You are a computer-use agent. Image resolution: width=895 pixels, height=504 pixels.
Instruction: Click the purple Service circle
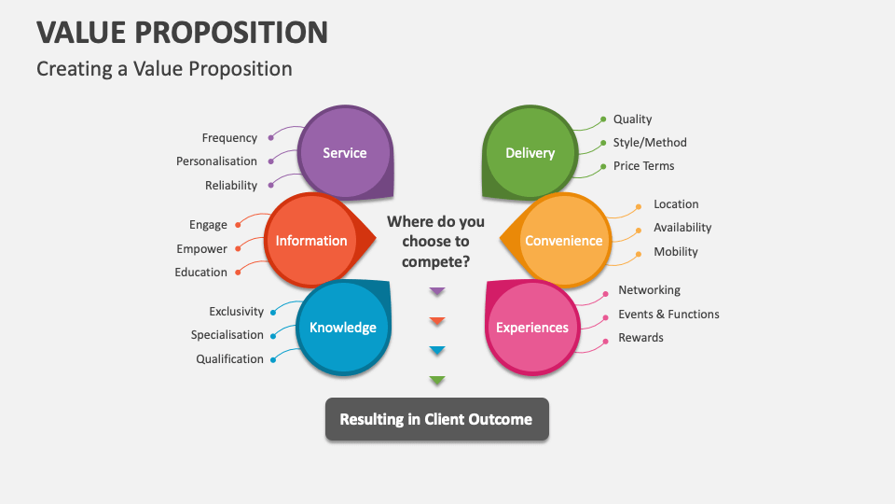coord(345,153)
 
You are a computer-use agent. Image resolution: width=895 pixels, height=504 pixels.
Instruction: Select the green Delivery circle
coord(530,153)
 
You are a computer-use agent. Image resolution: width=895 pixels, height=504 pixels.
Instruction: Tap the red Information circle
coord(311,241)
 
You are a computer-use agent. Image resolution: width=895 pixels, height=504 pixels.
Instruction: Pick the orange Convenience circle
coord(563,241)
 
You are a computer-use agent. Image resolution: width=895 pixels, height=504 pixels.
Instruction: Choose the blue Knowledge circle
coord(342,328)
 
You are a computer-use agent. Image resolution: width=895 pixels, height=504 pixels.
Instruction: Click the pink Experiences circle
coord(531,328)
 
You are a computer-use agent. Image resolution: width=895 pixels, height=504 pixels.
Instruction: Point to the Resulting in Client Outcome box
coord(436,419)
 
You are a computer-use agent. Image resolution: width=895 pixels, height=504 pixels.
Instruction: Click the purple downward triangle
coord(437,292)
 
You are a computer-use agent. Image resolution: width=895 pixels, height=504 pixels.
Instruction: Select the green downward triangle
coord(437,380)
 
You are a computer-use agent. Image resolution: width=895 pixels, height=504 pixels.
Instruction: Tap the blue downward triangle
coord(437,351)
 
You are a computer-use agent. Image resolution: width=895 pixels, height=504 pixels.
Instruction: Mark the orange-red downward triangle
coord(437,321)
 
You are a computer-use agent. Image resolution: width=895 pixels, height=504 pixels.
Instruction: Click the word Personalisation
coord(216,161)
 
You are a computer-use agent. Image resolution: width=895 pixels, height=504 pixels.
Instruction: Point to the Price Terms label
coord(643,166)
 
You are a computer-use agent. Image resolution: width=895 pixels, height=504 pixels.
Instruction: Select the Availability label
coord(682,228)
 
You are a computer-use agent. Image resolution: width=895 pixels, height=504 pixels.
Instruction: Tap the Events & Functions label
coord(668,315)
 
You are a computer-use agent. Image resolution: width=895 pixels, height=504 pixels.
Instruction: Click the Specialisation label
coord(227,335)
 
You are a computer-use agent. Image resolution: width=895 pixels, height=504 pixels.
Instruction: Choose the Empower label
coord(201,249)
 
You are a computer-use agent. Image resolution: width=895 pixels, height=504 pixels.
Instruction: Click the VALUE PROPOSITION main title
coord(183,33)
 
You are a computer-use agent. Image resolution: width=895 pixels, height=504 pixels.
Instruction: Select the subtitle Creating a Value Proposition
coord(164,69)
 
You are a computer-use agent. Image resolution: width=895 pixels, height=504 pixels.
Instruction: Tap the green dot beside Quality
coord(603,119)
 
